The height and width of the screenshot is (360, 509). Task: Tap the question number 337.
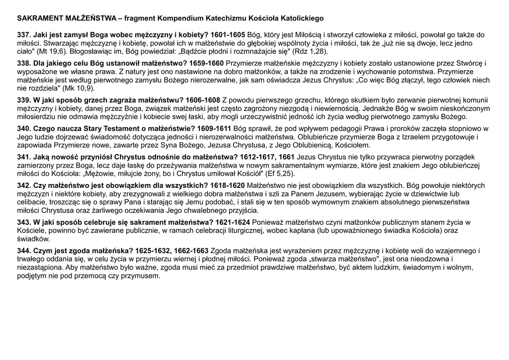point(24,35)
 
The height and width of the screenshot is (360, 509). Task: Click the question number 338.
point(24,63)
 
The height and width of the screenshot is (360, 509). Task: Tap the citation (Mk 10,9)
point(77,88)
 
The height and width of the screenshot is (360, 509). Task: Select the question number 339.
point(24,100)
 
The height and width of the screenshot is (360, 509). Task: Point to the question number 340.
point(24,128)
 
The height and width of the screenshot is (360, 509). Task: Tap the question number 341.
point(24,157)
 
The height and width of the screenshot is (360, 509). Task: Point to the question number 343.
point(24,222)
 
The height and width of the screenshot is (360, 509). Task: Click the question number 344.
point(24,251)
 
